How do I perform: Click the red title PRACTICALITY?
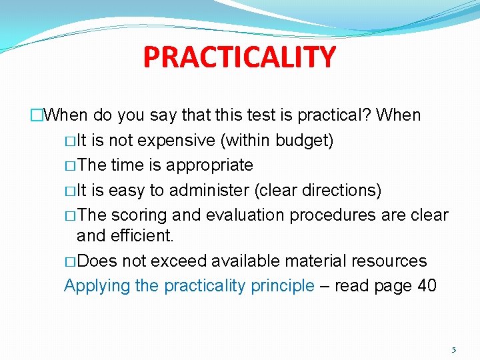pos(239,57)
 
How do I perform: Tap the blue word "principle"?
pos(283,286)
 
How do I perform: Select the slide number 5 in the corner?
pos(454,349)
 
